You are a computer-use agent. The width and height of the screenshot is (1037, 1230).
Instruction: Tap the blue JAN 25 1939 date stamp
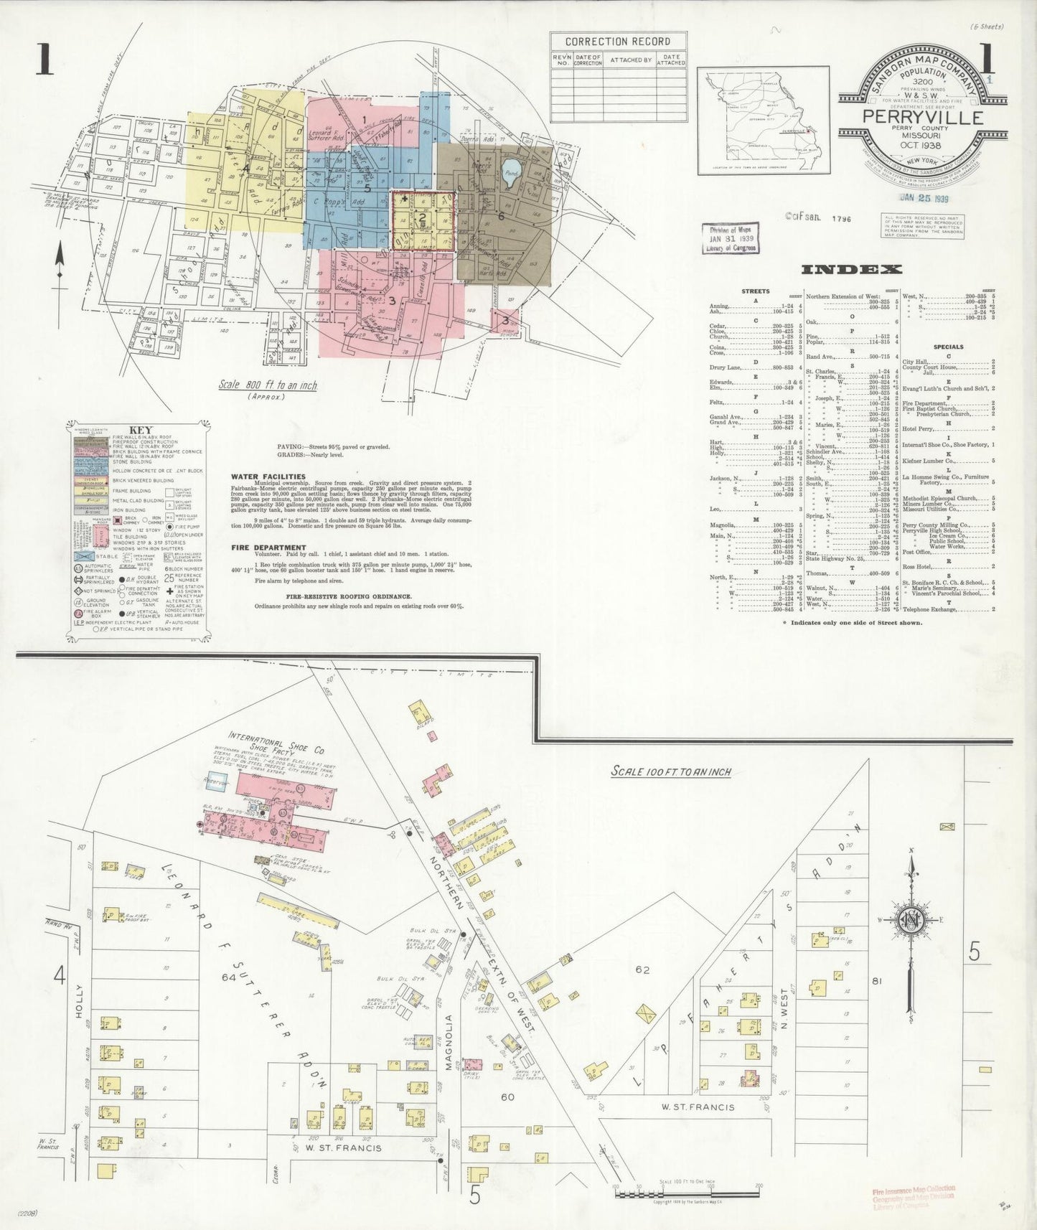click(x=922, y=199)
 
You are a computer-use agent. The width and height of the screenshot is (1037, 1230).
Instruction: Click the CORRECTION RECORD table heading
click(x=618, y=42)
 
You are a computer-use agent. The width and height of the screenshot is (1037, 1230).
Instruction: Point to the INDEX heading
click(x=851, y=270)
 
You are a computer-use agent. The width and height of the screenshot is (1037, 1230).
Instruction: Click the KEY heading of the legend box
click(x=139, y=430)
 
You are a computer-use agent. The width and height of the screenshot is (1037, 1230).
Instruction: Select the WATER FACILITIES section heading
click(x=268, y=476)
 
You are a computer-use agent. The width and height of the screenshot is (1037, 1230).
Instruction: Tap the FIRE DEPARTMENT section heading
click(x=268, y=548)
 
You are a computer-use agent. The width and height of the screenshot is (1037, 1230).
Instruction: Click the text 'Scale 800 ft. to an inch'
click(x=268, y=385)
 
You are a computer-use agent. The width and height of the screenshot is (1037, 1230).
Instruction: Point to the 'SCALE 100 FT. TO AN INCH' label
click(x=671, y=771)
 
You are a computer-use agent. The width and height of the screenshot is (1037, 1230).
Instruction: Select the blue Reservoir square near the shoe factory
click(x=215, y=784)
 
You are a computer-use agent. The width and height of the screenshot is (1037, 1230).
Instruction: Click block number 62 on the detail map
click(x=642, y=970)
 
